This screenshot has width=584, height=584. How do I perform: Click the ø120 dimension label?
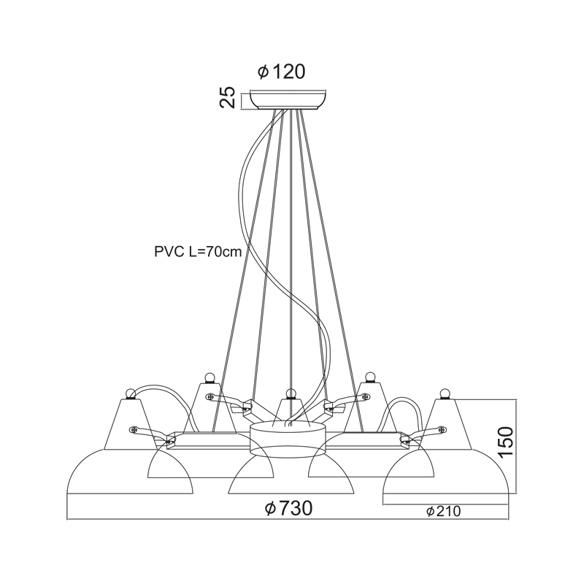(282, 72)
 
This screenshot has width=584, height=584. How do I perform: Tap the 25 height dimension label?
(228, 97)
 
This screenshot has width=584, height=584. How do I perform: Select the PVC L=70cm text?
(198, 252)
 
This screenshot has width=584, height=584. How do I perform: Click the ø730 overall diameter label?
(288, 508)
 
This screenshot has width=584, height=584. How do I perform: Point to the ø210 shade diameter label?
(444, 512)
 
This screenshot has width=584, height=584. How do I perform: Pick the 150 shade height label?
(505, 442)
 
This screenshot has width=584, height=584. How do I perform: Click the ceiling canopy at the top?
(288, 99)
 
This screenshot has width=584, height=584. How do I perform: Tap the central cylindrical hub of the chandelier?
(288, 440)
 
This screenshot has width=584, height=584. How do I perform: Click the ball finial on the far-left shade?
(131, 393)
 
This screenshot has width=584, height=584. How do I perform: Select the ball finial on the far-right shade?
(445, 393)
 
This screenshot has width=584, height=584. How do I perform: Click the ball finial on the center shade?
(290, 393)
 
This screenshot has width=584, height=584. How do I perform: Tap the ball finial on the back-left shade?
(210, 377)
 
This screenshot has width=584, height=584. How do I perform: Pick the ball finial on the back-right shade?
(369, 377)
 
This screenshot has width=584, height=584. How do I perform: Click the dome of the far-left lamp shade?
(130, 471)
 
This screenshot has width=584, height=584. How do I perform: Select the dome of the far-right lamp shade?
(446, 471)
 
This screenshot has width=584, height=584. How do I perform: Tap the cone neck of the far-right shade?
(450, 424)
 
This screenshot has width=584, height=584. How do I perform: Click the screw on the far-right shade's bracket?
(442, 430)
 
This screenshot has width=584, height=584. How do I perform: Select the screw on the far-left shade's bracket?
(134, 430)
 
